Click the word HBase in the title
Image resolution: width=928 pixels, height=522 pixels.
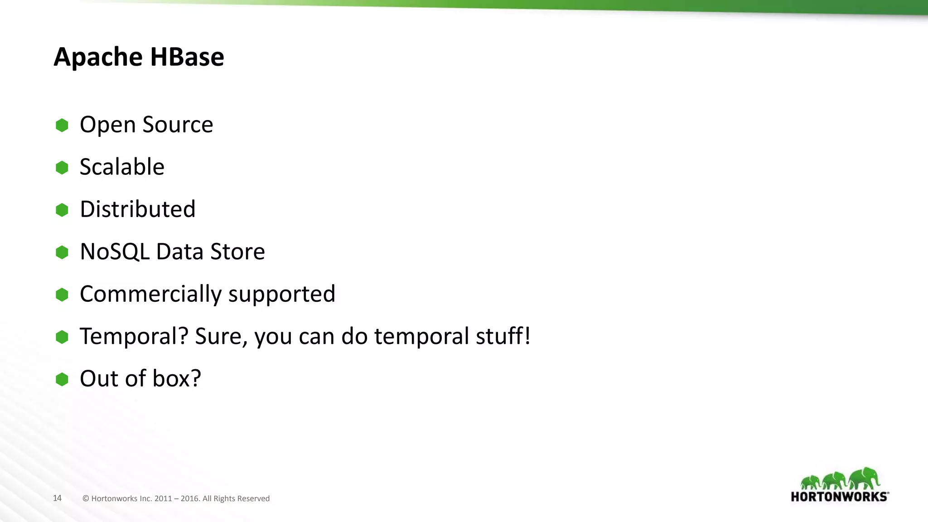click(x=187, y=57)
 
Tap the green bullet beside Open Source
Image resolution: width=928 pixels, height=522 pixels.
click(x=62, y=126)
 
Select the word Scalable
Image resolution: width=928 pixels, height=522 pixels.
click(x=122, y=167)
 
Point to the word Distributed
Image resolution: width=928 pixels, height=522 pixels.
click(x=138, y=209)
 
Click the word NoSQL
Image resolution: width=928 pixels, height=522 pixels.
click(x=115, y=251)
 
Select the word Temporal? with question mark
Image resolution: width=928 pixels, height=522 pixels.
click(x=134, y=336)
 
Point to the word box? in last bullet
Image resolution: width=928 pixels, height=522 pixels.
click(x=177, y=378)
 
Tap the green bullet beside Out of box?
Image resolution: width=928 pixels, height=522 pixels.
click(x=62, y=379)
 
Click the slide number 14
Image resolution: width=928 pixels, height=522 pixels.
click(x=57, y=498)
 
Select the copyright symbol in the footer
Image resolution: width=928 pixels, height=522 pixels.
click(x=86, y=498)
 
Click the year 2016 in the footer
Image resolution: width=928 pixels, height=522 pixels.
click(x=190, y=498)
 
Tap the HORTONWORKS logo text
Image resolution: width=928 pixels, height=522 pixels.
click(x=839, y=497)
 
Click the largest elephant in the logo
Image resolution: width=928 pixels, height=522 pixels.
click(x=865, y=478)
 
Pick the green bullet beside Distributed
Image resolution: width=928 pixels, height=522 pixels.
click(x=62, y=210)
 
